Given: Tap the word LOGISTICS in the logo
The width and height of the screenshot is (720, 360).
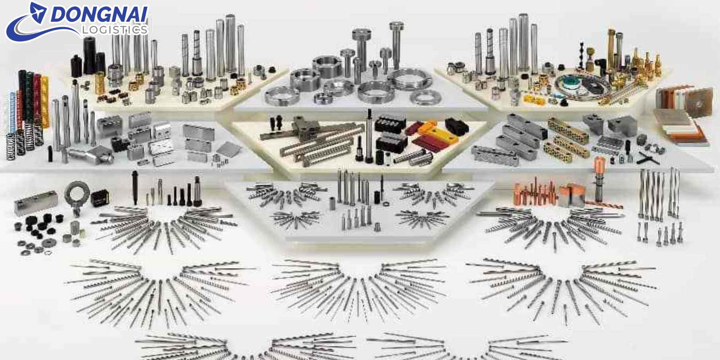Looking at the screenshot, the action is point(115,30).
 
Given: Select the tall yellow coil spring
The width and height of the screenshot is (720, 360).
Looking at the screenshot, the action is point(45,101).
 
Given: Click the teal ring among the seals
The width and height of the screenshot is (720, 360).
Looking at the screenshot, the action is point(570,82).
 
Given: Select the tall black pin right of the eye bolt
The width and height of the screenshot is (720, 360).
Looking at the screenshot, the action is point(134,188).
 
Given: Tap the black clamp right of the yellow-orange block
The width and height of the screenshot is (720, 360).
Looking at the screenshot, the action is point(456,126).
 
